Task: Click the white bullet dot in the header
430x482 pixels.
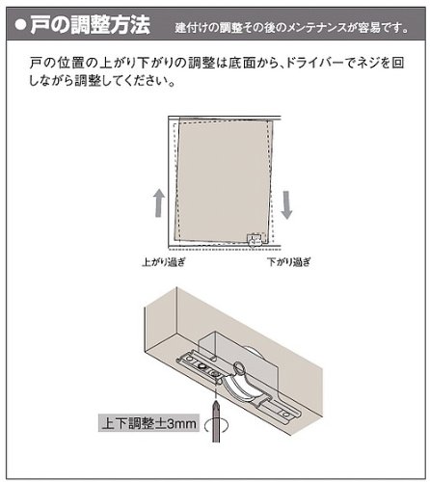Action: (20, 26)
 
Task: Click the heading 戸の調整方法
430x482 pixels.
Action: (90, 25)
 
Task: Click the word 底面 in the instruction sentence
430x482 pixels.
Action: (241, 63)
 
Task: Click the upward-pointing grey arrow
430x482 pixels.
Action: (158, 202)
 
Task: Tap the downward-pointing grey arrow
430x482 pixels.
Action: (286, 205)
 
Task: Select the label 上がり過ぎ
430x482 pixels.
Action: (164, 262)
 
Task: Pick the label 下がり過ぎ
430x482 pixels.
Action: (289, 262)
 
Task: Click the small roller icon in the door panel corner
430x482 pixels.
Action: (254, 240)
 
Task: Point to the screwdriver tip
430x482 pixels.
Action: (216, 402)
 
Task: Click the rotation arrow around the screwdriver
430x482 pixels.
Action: (216, 425)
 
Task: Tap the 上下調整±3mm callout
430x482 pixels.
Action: (148, 423)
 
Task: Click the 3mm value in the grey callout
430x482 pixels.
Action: (181, 423)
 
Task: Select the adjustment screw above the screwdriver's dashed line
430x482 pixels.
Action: (215, 373)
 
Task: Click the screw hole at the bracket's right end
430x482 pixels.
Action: (286, 414)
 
